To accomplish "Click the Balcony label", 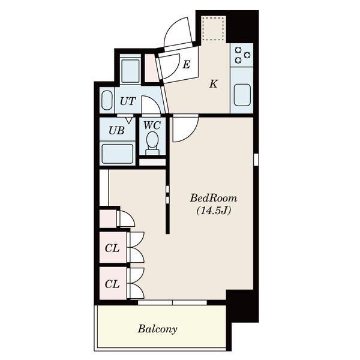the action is [157, 329].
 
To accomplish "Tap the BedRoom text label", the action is [213, 198].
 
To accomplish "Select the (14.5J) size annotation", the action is [214, 211].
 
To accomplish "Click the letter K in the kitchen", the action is [213, 84].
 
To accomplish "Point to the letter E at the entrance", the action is [186, 65].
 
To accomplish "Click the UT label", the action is [128, 101].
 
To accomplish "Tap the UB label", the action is [116, 131].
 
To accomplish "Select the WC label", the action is [152, 125].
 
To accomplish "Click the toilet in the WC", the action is [152, 143].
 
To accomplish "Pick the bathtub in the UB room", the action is [118, 154].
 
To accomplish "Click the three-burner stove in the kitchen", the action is [242, 55].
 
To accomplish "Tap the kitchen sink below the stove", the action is [242, 95].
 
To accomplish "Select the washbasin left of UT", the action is [107, 100].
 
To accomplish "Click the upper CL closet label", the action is [112, 248].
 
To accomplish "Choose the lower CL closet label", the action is [112, 284].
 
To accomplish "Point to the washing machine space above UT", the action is [130, 71].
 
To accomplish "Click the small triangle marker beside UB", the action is [129, 121].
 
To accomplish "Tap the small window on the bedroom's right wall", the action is [256, 160].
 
